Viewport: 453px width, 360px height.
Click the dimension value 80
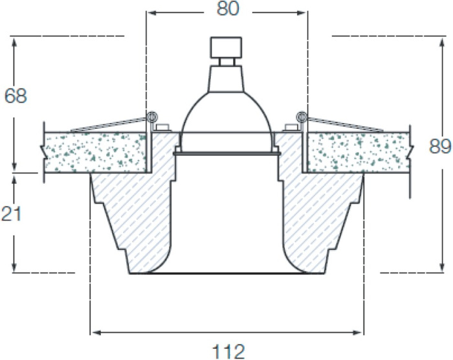click(x=228, y=8)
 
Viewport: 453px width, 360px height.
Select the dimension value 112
click(x=228, y=352)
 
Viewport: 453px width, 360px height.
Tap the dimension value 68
click(x=16, y=96)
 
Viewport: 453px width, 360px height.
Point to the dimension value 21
click(x=11, y=214)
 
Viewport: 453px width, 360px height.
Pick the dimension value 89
click(x=440, y=146)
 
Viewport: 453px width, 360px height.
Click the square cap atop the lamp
click(x=226, y=47)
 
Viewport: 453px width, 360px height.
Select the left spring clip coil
click(x=151, y=117)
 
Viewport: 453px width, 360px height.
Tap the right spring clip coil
click(x=302, y=117)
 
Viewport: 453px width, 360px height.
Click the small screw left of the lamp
click(x=162, y=128)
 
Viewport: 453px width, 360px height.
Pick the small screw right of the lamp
click(x=291, y=128)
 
